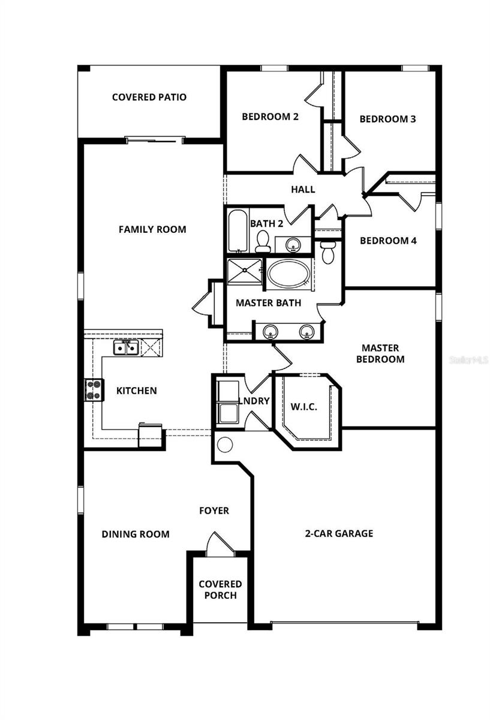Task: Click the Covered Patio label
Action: (x=149, y=97)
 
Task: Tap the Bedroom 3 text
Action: (x=387, y=119)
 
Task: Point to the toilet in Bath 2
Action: (x=262, y=242)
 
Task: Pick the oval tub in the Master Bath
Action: (x=288, y=274)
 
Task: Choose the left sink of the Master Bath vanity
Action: (x=270, y=331)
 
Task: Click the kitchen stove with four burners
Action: (x=94, y=391)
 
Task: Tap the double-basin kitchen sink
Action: (x=127, y=347)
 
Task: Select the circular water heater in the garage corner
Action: (x=225, y=445)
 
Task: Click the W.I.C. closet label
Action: (x=304, y=407)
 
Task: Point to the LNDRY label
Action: (x=253, y=401)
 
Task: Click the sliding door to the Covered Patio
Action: (x=153, y=140)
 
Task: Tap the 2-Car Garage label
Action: (x=338, y=533)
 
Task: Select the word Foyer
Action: (x=214, y=511)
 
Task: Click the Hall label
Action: (x=303, y=190)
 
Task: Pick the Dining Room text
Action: (x=136, y=534)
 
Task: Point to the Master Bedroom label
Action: (x=380, y=353)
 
